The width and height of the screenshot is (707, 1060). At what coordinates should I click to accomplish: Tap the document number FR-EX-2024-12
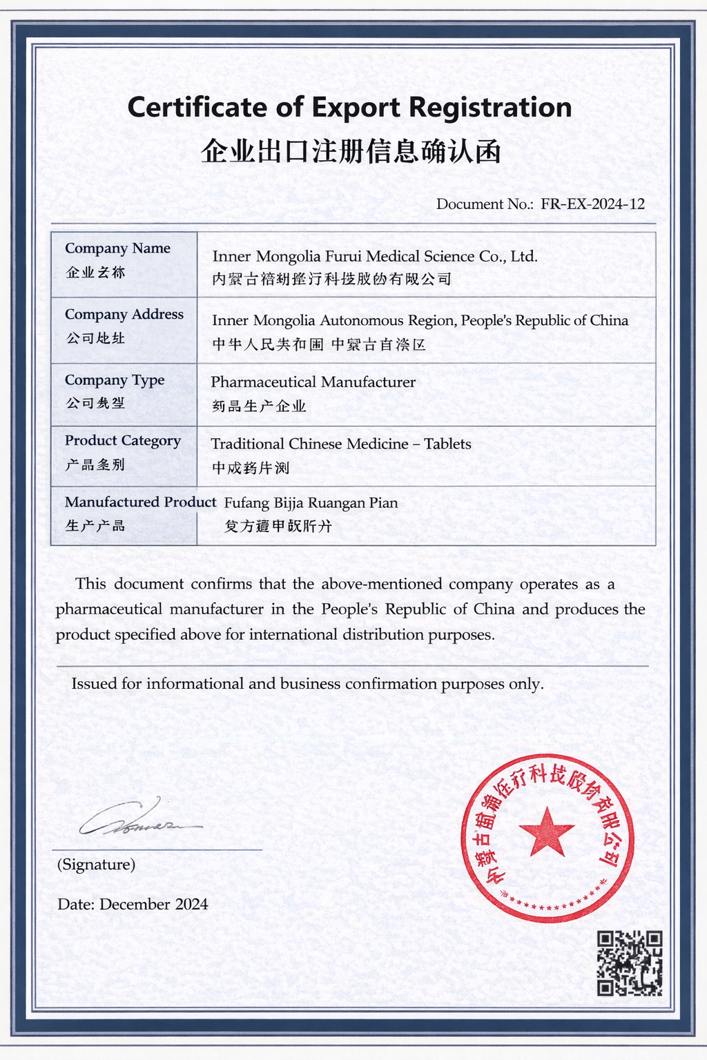click(592, 204)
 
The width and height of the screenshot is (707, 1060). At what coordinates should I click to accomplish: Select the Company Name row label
click(117, 248)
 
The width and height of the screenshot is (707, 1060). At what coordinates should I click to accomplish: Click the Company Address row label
click(124, 315)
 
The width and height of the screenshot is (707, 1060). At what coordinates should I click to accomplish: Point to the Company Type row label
click(115, 380)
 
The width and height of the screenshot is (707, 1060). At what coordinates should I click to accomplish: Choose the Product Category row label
click(123, 441)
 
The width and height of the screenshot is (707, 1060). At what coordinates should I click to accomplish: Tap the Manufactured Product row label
click(140, 502)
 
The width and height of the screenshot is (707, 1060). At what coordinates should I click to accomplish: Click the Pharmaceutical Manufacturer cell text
click(313, 382)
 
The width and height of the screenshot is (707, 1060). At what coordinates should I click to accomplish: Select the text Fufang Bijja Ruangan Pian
click(311, 503)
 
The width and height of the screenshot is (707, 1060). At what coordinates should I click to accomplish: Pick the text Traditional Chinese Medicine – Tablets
click(341, 444)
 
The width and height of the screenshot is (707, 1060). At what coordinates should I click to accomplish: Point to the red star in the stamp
click(548, 832)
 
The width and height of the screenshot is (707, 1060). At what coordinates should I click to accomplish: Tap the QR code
click(630, 963)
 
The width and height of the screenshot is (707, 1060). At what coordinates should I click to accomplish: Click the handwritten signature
click(138, 820)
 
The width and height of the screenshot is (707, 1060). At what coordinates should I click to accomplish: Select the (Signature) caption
click(96, 865)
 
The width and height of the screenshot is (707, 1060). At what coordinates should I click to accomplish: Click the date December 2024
click(153, 905)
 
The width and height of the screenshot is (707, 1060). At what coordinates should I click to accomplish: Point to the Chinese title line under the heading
click(351, 150)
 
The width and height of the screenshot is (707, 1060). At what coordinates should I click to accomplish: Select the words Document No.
click(485, 204)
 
